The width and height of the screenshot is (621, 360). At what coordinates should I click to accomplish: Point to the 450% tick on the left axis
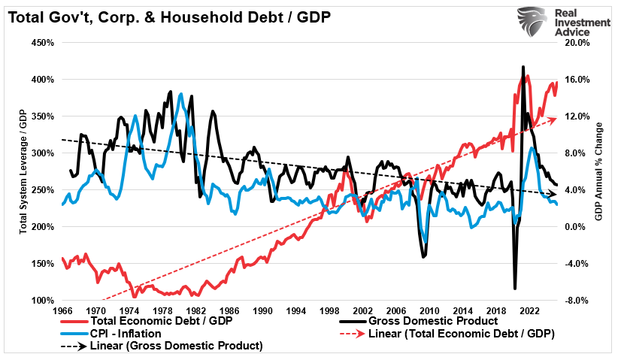(44, 43)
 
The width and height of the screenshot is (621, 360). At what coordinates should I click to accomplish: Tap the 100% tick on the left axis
(44, 301)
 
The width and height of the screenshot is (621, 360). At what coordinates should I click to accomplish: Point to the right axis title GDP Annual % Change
(599, 171)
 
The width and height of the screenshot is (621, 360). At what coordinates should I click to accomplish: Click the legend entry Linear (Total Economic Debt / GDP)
(459, 333)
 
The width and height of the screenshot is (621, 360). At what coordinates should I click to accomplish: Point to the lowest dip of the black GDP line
(515, 288)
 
